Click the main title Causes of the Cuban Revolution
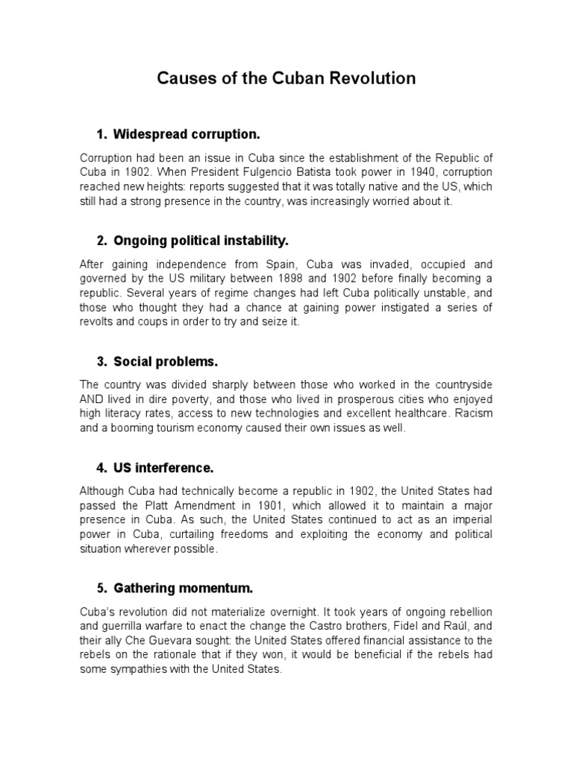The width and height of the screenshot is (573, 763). (286, 78)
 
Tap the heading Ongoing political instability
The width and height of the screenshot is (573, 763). (201, 241)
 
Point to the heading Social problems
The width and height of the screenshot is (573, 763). (166, 361)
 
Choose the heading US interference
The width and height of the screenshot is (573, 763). (163, 468)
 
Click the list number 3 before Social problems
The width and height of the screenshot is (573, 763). (101, 361)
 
